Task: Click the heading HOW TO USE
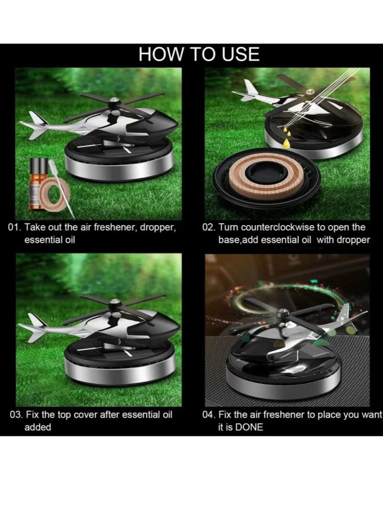point(199,55)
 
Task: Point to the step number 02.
point(208,227)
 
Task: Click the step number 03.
point(15,414)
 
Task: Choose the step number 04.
point(209,414)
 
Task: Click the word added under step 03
point(37,427)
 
